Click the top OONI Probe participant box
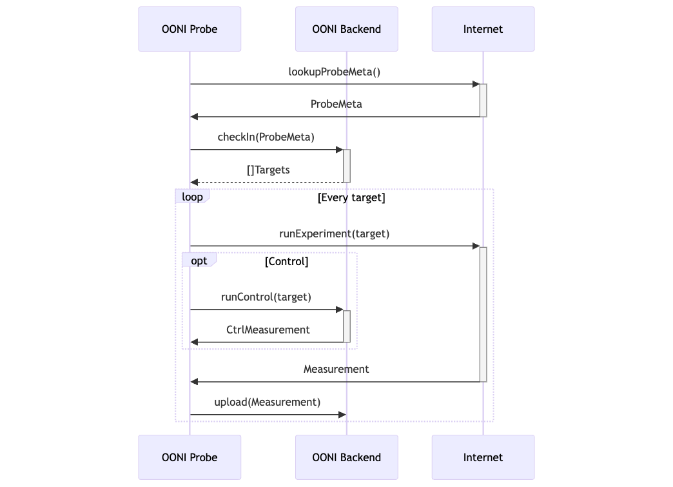coord(190,29)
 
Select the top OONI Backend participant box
coord(346,29)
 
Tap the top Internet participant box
coord(483,29)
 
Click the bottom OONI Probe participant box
coord(190,457)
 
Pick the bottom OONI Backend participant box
coord(346,457)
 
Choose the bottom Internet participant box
coord(483,457)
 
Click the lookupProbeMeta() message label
coord(334,72)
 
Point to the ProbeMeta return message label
coord(336,104)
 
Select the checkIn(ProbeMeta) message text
coord(266,137)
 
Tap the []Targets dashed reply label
coord(268,170)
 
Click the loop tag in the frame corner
coord(192,197)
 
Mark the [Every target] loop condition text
coord(351,197)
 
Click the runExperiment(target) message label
coord(334,234)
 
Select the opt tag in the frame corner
coord(199,261)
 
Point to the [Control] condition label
coord(286,261)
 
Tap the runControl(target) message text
coord(266,297)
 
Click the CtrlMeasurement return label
coord(268,330)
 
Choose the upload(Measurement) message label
coord(267,402)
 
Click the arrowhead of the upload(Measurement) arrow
coord(342,415)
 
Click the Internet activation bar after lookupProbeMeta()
coord(483,100)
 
